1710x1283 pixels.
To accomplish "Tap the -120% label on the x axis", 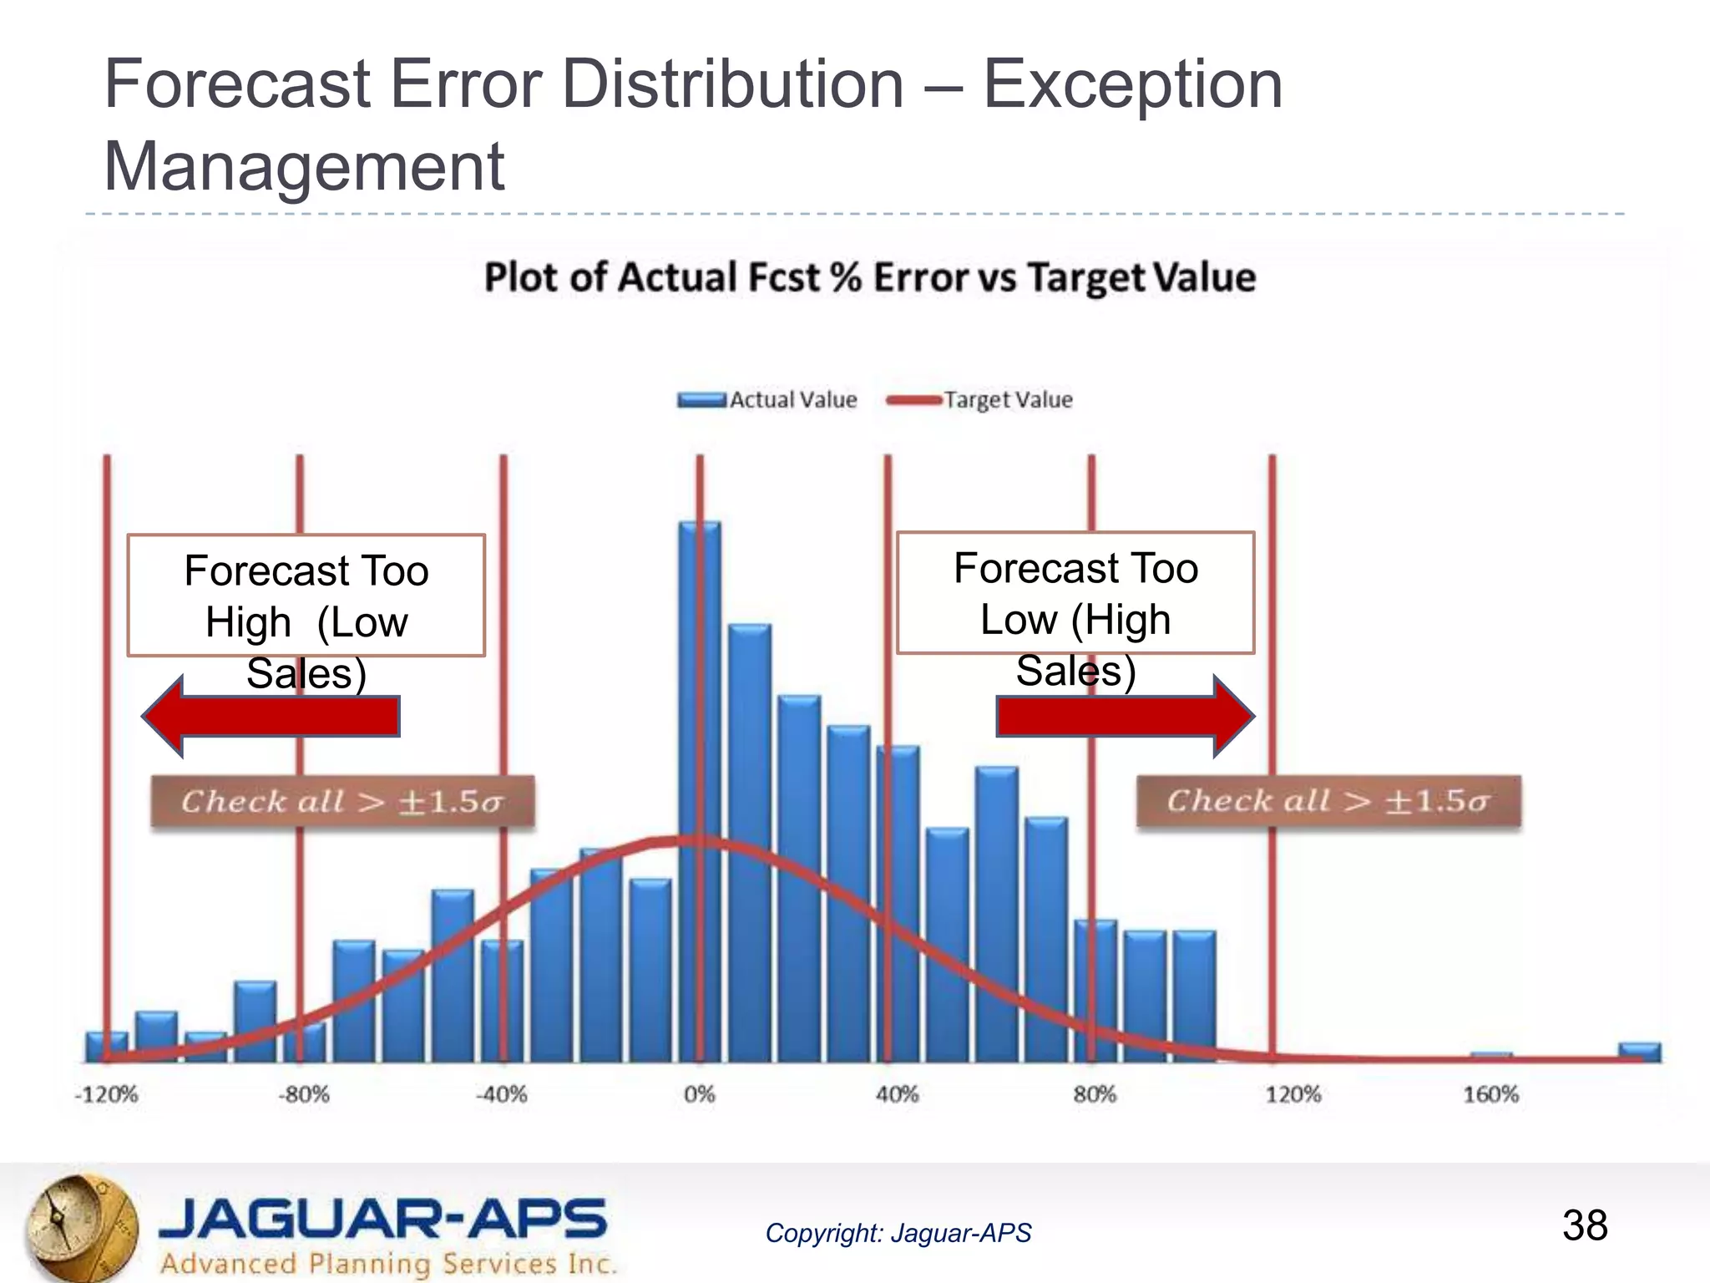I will point(106,1094).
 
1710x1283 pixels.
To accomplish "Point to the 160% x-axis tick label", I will point(1491,1094).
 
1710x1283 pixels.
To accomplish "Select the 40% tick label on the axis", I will point(898,1094).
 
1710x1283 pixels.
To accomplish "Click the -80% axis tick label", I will point(303,1094).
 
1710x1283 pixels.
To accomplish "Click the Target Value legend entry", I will point(981,400).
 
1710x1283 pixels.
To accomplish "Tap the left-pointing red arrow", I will point(271,717).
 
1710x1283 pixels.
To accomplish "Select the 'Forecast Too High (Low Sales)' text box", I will point(306,596).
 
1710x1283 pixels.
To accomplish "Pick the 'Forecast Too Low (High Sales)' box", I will point(1075,593).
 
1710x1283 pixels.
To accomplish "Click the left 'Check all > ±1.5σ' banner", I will point(342,802).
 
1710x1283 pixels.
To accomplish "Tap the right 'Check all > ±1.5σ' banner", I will point(1328,801).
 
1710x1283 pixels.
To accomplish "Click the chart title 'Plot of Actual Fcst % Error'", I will point(869,277).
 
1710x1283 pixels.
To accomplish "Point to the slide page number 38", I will point(1584,1225).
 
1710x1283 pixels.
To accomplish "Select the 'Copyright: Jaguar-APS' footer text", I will point(898,1233).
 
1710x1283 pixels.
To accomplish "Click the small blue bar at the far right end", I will point(1639,1052).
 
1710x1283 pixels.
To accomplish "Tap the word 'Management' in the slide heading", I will point(304,166).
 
